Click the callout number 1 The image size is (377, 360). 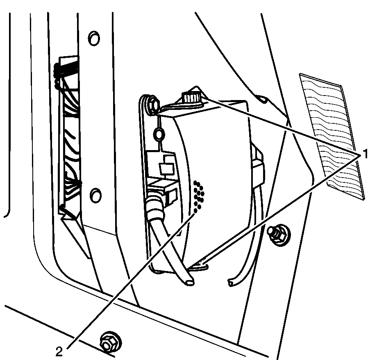pos(365,154)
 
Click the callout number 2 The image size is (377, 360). pos(59,352)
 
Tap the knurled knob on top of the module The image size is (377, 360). pos(191,98)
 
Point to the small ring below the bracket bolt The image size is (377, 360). pos(159,134)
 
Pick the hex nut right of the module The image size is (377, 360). pos(278,235)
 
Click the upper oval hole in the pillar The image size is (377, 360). pos(94,38)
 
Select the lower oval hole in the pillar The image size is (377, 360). pos(95,195)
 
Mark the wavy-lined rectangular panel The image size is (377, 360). pos(332,137)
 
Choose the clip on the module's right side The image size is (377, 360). pos(257,166)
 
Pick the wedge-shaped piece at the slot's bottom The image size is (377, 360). pos(75,231)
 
